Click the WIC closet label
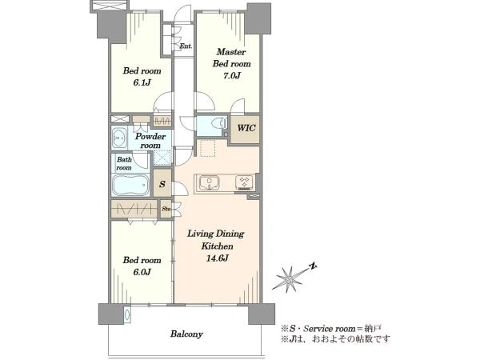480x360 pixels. (x=246, y=128)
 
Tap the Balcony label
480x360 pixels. (x=186, y=334)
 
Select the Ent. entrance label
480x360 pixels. (x=186, y=46)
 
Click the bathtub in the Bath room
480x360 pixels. (x=130, y=186)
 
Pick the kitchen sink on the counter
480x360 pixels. (x=209, y=183)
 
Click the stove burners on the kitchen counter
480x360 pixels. (x=244, y=182)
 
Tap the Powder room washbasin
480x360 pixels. (x=119, y=138)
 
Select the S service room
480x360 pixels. (x=162, y=184)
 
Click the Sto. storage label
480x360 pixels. (x=166, y=209)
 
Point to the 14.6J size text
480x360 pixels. (x=217, y=258)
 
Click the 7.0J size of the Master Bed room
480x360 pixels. (x=231, y=76)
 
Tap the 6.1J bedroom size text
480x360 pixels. (x=142, y=82)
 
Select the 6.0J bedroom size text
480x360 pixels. (x=142, y=272)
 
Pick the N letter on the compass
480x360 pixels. (x=313, y=266)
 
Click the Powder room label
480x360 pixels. (x=150, y=141)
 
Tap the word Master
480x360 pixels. (x=231, y=52)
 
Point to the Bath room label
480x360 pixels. (x=124, y=163)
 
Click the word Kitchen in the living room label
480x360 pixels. (x=217, y=246)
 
